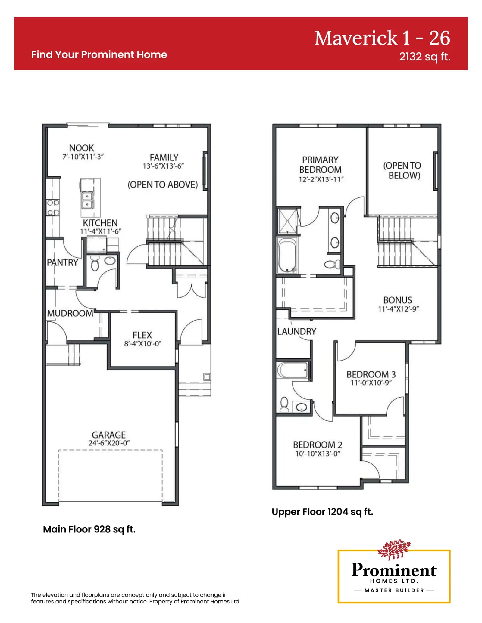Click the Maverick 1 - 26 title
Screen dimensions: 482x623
[x=382, y=38]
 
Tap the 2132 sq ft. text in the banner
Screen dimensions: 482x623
[x=425, y=57]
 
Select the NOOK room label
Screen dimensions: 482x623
[x=81, y=148]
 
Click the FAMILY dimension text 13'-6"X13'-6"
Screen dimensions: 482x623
[x=163, y=166]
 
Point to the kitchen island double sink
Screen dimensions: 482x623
[x=87, y=200]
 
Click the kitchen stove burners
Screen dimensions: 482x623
[x=53, y=208]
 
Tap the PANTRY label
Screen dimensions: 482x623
[x=62, y=262]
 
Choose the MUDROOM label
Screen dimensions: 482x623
[x=70, y=313]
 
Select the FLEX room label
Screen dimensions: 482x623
[x=142, y=335]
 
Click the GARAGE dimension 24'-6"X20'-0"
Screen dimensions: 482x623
[x=109, y=443]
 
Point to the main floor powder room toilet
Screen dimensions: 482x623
[x=95, y=263]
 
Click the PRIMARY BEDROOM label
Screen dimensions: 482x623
[x=320, y=165]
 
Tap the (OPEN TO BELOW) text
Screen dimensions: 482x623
[x=402, y=170]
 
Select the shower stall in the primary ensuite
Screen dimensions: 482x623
[x=288, y=221]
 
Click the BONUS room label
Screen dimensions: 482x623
[x=398, y=300]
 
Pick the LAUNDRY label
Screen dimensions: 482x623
[x=297, y=331]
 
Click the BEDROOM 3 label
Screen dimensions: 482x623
[x=371, y=374]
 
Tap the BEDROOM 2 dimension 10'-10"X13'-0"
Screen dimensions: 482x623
[x=318, y=454]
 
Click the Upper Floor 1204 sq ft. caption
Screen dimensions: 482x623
[x=322, y=512]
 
